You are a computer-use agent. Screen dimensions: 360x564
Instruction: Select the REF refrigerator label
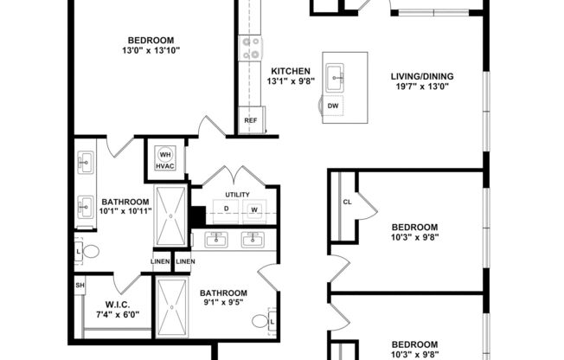250,120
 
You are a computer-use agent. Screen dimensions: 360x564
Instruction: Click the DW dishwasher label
333,106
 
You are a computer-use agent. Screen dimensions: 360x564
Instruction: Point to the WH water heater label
164,155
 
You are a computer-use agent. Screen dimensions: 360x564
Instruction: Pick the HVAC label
164,166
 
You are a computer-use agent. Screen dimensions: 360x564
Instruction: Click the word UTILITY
236,195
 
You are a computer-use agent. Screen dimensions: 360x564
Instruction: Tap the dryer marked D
226,209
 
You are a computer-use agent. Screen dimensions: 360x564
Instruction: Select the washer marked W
254,209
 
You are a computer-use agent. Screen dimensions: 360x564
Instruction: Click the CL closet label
347,202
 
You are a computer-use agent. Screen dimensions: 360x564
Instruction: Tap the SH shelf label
80,285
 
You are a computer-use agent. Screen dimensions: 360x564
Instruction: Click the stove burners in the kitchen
252,47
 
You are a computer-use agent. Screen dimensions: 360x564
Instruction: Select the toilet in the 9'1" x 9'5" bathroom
261,321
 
